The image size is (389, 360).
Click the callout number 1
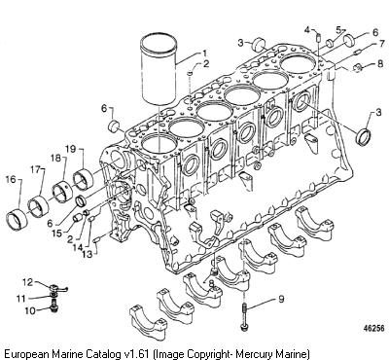(204, 53)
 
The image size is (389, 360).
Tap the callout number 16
(11, 179)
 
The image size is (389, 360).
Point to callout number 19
(70, 149)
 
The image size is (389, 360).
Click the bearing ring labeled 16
(17, 220)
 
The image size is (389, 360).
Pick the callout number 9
(281, 299)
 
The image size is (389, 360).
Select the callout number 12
(28, 282)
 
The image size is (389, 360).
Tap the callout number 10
(30, 310)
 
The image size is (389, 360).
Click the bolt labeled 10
(54, 306)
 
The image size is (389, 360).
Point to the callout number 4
(307, 30)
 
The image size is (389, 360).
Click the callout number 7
(374, 44)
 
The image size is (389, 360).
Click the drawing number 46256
(373, 329)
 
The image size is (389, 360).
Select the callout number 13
(87, 254)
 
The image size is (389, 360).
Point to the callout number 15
(57, 234)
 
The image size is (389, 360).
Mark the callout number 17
(36, 169)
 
